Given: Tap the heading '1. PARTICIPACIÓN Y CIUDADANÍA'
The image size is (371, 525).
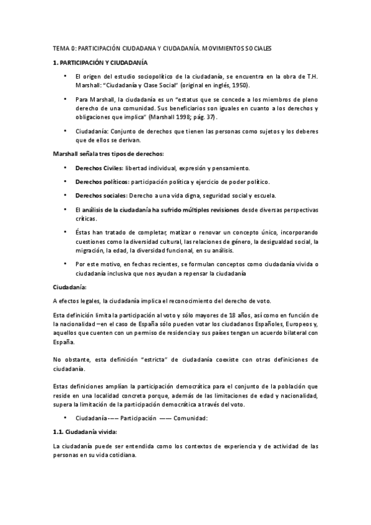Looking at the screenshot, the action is click(99, 63).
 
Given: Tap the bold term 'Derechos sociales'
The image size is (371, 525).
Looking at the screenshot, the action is click(100, 194).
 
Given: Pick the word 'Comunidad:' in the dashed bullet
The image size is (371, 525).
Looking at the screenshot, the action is click(191, 418).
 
